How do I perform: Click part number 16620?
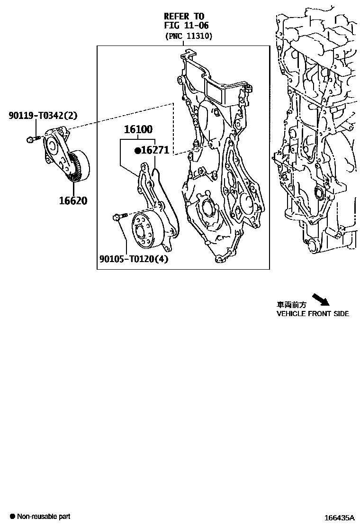click(x=73, y=200)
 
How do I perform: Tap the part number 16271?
click(x=155, y=151)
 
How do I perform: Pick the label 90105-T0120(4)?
click(x=134, y=259)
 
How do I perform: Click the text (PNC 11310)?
click(x=189, y=36)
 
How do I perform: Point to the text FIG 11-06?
click(x=186, y=26)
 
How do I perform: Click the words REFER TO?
click(x=184, y=16)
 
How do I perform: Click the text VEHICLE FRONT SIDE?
click(x=313, y=314)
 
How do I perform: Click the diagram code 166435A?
click(x=340, y=518)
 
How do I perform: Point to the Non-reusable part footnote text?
click(x=44, y=517)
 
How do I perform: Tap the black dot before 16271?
click(x=138, y=151)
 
